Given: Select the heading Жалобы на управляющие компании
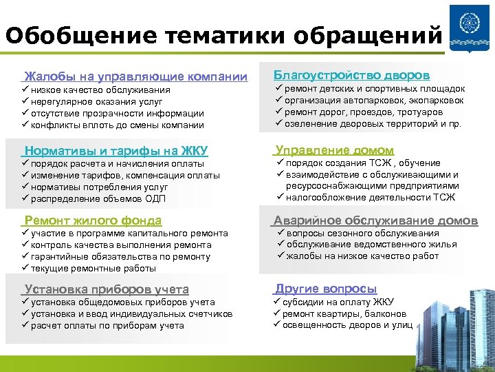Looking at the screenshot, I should (135, 76).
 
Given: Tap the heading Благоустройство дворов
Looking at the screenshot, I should (352, 74).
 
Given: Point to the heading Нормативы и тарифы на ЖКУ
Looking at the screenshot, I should (115, 151).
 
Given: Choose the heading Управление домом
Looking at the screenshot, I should (334, 150).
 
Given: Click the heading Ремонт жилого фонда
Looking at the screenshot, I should (93, 220).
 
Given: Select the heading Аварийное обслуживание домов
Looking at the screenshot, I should (375, 220).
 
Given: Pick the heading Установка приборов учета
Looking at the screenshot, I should (106, 289).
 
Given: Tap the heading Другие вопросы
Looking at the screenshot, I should (326, 289).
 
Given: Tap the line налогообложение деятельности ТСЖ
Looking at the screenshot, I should (371, 198).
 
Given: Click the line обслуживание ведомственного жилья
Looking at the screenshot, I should (371, 245).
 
